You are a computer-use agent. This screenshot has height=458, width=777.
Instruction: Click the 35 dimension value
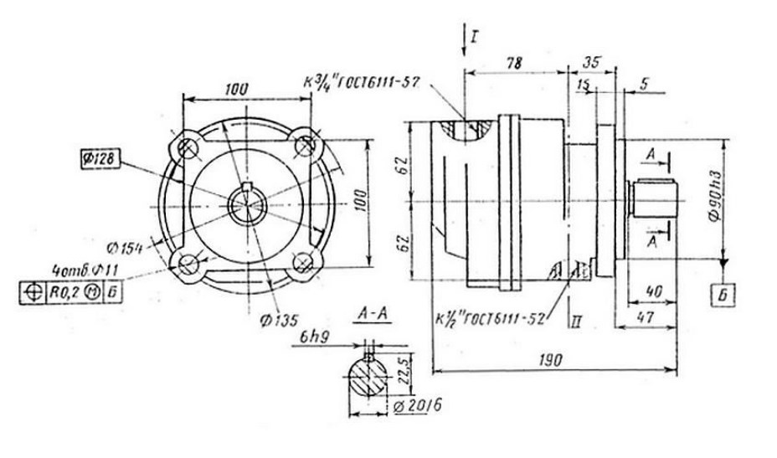(x=591, y=61)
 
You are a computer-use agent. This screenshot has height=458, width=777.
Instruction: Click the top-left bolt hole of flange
(x=188, y=147)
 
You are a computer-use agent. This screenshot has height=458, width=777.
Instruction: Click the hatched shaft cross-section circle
(x=368, y=374)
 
